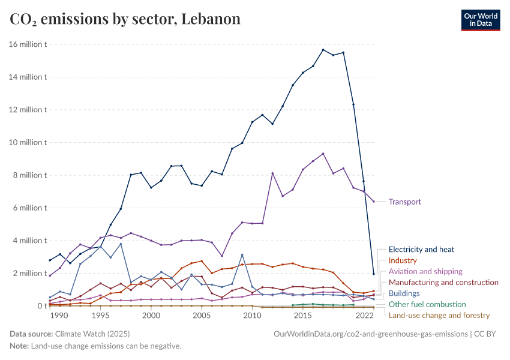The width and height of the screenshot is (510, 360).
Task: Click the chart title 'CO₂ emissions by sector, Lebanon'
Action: [x=125, y=19]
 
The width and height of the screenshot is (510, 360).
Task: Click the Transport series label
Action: [x=405, y=202]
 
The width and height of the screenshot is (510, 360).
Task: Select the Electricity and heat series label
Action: [x=421, y=249]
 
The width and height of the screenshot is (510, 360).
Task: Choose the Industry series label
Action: [x=403, y=260]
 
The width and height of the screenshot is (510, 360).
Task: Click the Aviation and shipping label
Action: [x=425, y=271]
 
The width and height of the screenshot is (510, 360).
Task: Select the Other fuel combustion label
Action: [x=427, y=304]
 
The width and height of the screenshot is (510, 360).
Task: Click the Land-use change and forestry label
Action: [x=439, y=315]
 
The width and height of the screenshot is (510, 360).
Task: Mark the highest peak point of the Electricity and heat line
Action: [x=323, y=50]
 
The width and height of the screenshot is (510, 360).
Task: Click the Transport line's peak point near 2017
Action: [x=323, y=154]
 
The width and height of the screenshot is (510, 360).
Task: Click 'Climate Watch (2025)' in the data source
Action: [x=92, y=333]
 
